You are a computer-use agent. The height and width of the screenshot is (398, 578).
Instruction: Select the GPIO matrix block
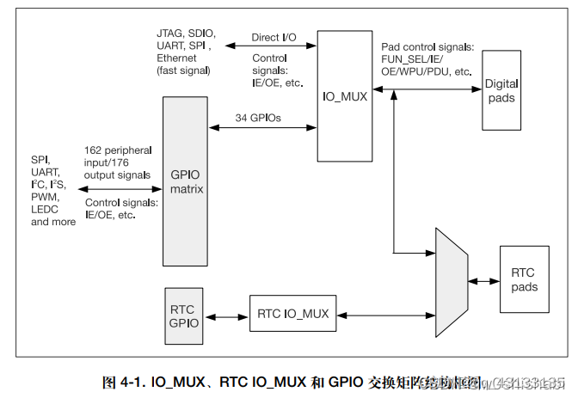click(187, 181)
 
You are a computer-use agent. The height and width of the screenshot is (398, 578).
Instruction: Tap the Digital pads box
click(501, 90)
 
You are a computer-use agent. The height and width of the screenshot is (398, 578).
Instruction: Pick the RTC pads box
click(523, 280)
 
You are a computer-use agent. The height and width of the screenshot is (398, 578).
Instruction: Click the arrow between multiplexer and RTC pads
click(485, 281)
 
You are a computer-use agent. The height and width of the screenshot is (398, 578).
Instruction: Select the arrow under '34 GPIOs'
click(263, 129)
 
